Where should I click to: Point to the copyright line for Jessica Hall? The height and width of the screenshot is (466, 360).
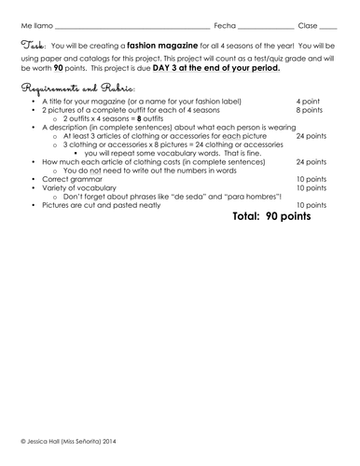coord(67,441)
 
